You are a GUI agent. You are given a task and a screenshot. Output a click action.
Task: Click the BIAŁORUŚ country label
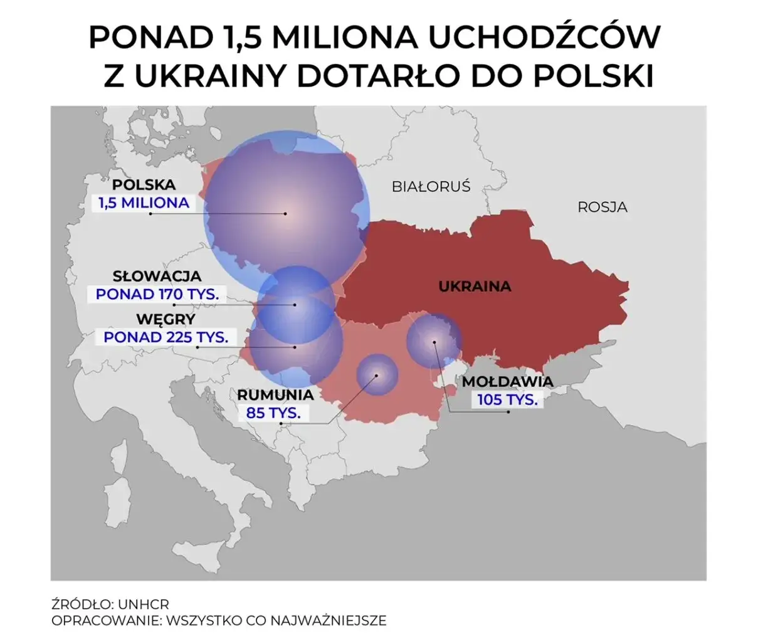coord(431,186)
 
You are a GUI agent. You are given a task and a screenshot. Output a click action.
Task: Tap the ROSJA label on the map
coord(602,207)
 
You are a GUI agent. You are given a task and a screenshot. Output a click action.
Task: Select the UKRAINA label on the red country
coord(475,287)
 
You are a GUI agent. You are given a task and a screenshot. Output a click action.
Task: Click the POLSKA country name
coord(144,185)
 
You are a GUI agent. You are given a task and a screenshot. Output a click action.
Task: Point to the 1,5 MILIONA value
coord(143,203)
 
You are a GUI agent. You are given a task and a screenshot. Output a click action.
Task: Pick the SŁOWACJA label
coord(157,276)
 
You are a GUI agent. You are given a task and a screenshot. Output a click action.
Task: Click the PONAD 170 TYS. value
coord(157,293)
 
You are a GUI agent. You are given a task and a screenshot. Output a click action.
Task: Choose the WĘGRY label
coord(166,319)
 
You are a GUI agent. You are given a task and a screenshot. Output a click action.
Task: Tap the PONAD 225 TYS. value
coord(166,337)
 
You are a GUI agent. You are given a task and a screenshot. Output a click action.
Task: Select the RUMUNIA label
coord(275,395)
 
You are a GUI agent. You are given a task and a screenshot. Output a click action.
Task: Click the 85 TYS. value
coord(273,413)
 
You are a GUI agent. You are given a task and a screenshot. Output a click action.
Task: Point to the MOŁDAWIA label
coord(507,381)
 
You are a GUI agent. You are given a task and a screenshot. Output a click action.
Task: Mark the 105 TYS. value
coord(507,399)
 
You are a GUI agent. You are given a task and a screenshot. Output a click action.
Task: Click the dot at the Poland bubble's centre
coord(285,214)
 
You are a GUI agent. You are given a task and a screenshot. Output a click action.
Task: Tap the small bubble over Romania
coord(377,376)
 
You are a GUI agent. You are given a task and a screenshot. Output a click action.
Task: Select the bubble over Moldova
coord(433,342)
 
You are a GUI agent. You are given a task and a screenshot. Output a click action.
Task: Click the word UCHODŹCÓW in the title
coord(543,38)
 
